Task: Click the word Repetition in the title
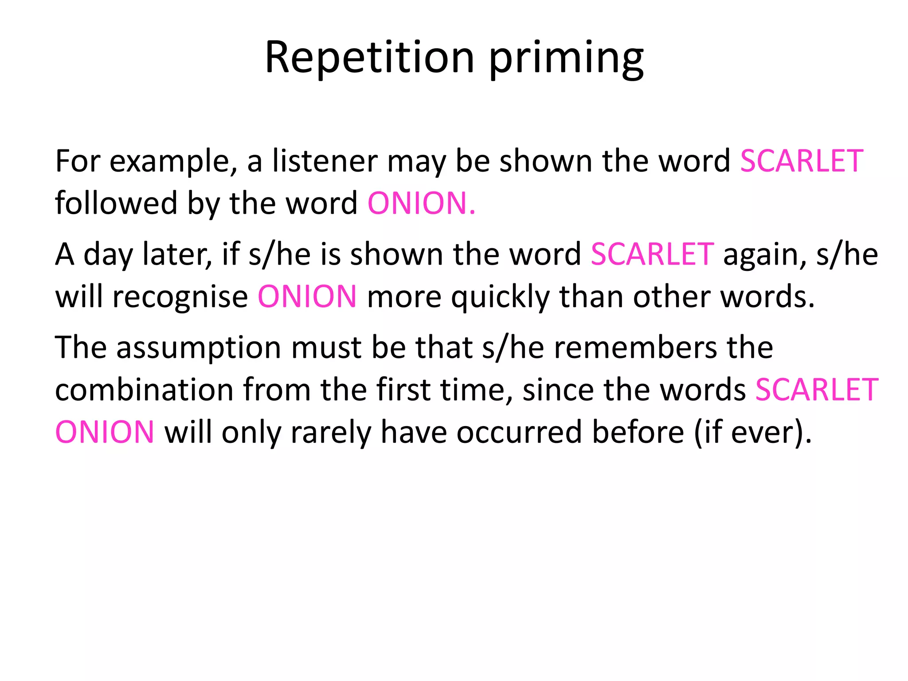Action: click(x=370, y=58)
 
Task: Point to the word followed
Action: click(x=116, y=203)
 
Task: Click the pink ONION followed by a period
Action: click(x=421, y=203)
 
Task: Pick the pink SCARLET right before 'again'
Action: click(x=652, y=254)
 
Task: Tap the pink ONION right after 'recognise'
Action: click(x=307, y=297)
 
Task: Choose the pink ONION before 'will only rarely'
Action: click(x=105, y=432)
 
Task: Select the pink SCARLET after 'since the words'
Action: click(x=817, y=390)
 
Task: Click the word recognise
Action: click(x=180, y=297)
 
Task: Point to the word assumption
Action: click(x=199, y=348)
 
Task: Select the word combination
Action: click(x=144, y=390)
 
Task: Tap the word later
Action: click(x=177, y=254)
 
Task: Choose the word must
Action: click(x=326, y=348)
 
